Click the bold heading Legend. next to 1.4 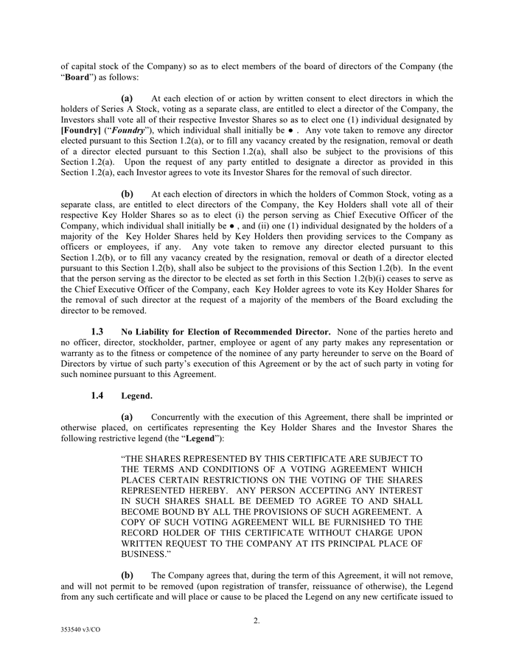[136, 396]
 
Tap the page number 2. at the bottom [256, 620]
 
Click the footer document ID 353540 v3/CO [78, 652]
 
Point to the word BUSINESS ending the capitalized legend [145, 552]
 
